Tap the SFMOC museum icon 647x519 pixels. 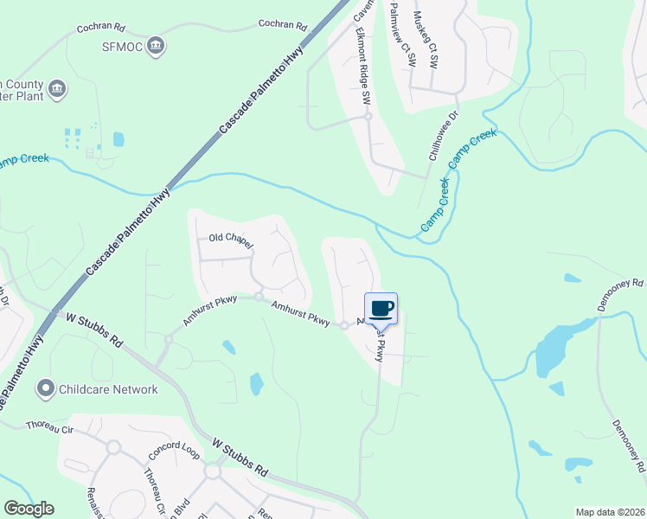tap(156, 46)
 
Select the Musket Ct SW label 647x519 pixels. tap(426, 38)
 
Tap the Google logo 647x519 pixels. tap(29, 509)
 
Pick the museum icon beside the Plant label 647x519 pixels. tap(57, 89)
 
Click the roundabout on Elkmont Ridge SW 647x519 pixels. tap(368, 116)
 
